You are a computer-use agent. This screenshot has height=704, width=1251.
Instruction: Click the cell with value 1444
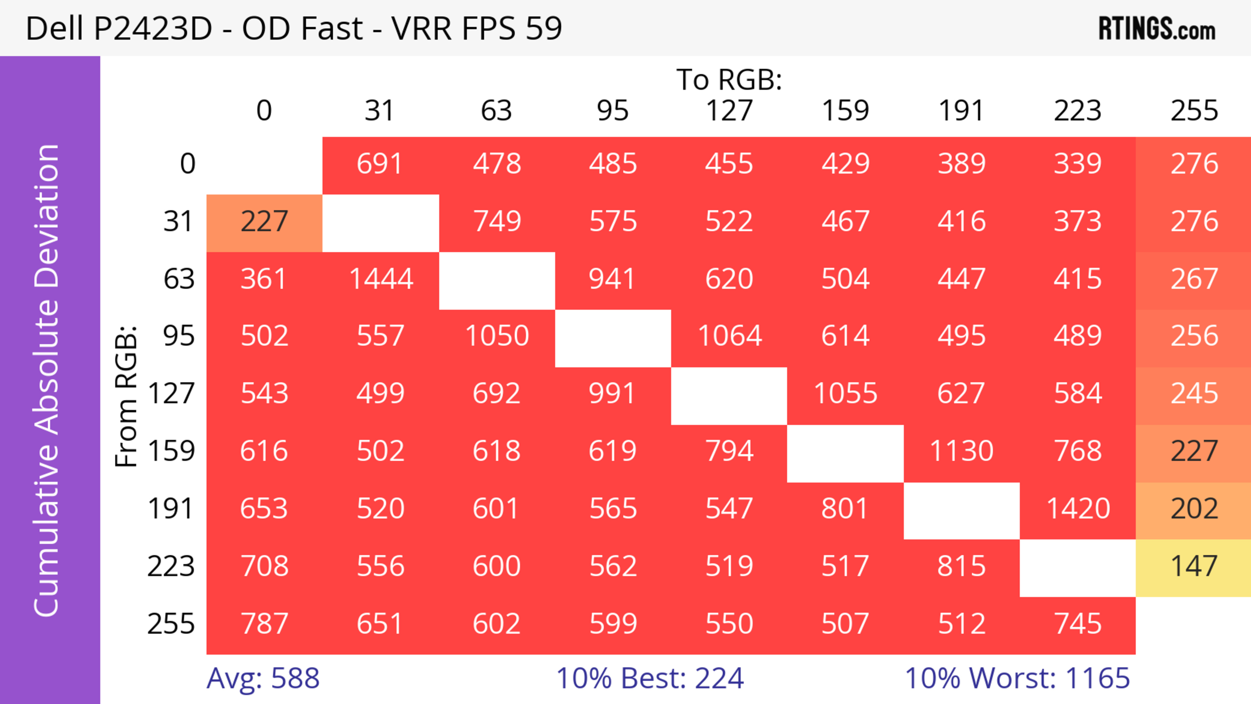pos(381,279)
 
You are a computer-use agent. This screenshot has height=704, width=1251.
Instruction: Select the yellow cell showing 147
pos(1194,567)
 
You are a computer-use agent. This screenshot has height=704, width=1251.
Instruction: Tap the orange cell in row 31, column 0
pos(264,222)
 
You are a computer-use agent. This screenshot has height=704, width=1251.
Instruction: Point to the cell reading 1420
pos(1078,509)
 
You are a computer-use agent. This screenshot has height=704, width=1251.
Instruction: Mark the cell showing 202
pos(1194,509)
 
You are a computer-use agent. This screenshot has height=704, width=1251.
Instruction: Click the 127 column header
pos(729,111)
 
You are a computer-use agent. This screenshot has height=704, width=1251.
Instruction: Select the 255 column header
pos(1194,111)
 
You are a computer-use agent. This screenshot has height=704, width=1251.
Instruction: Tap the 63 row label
pos(179,279)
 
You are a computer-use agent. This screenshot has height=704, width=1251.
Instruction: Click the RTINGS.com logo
pos(1157,29)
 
